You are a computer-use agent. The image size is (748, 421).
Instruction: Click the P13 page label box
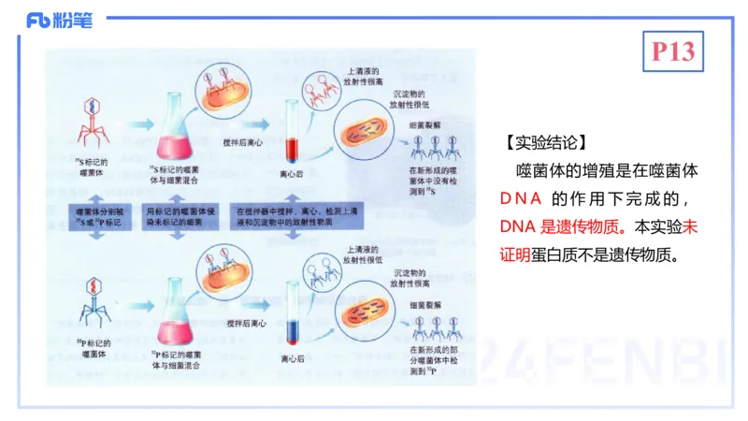click(673, 52)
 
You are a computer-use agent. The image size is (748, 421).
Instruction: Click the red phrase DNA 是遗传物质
click(554, 226)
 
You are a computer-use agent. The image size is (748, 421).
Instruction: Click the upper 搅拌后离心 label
click(246, 140)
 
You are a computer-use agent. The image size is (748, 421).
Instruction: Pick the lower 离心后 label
click(280, 357)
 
